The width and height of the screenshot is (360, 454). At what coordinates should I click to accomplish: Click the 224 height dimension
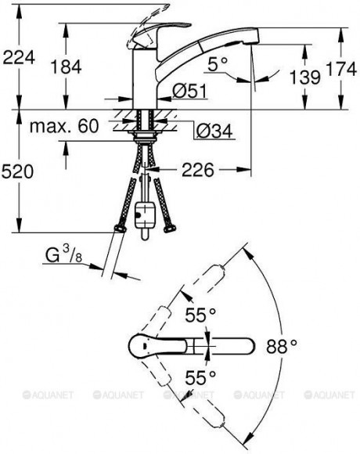19,57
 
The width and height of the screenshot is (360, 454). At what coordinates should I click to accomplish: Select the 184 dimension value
67,67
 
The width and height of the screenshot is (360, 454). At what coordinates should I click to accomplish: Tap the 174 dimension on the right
341,69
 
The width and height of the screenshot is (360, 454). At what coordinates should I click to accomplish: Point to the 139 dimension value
305,77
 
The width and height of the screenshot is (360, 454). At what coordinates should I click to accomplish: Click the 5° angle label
218,63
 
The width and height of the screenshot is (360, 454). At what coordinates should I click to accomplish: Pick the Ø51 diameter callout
190,91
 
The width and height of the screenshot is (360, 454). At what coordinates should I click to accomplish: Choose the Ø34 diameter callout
214,131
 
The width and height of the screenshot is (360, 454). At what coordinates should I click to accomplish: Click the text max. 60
64,126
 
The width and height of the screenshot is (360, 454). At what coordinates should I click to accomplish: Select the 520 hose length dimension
17,171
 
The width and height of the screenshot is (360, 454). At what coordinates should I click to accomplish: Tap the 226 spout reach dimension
198,170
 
